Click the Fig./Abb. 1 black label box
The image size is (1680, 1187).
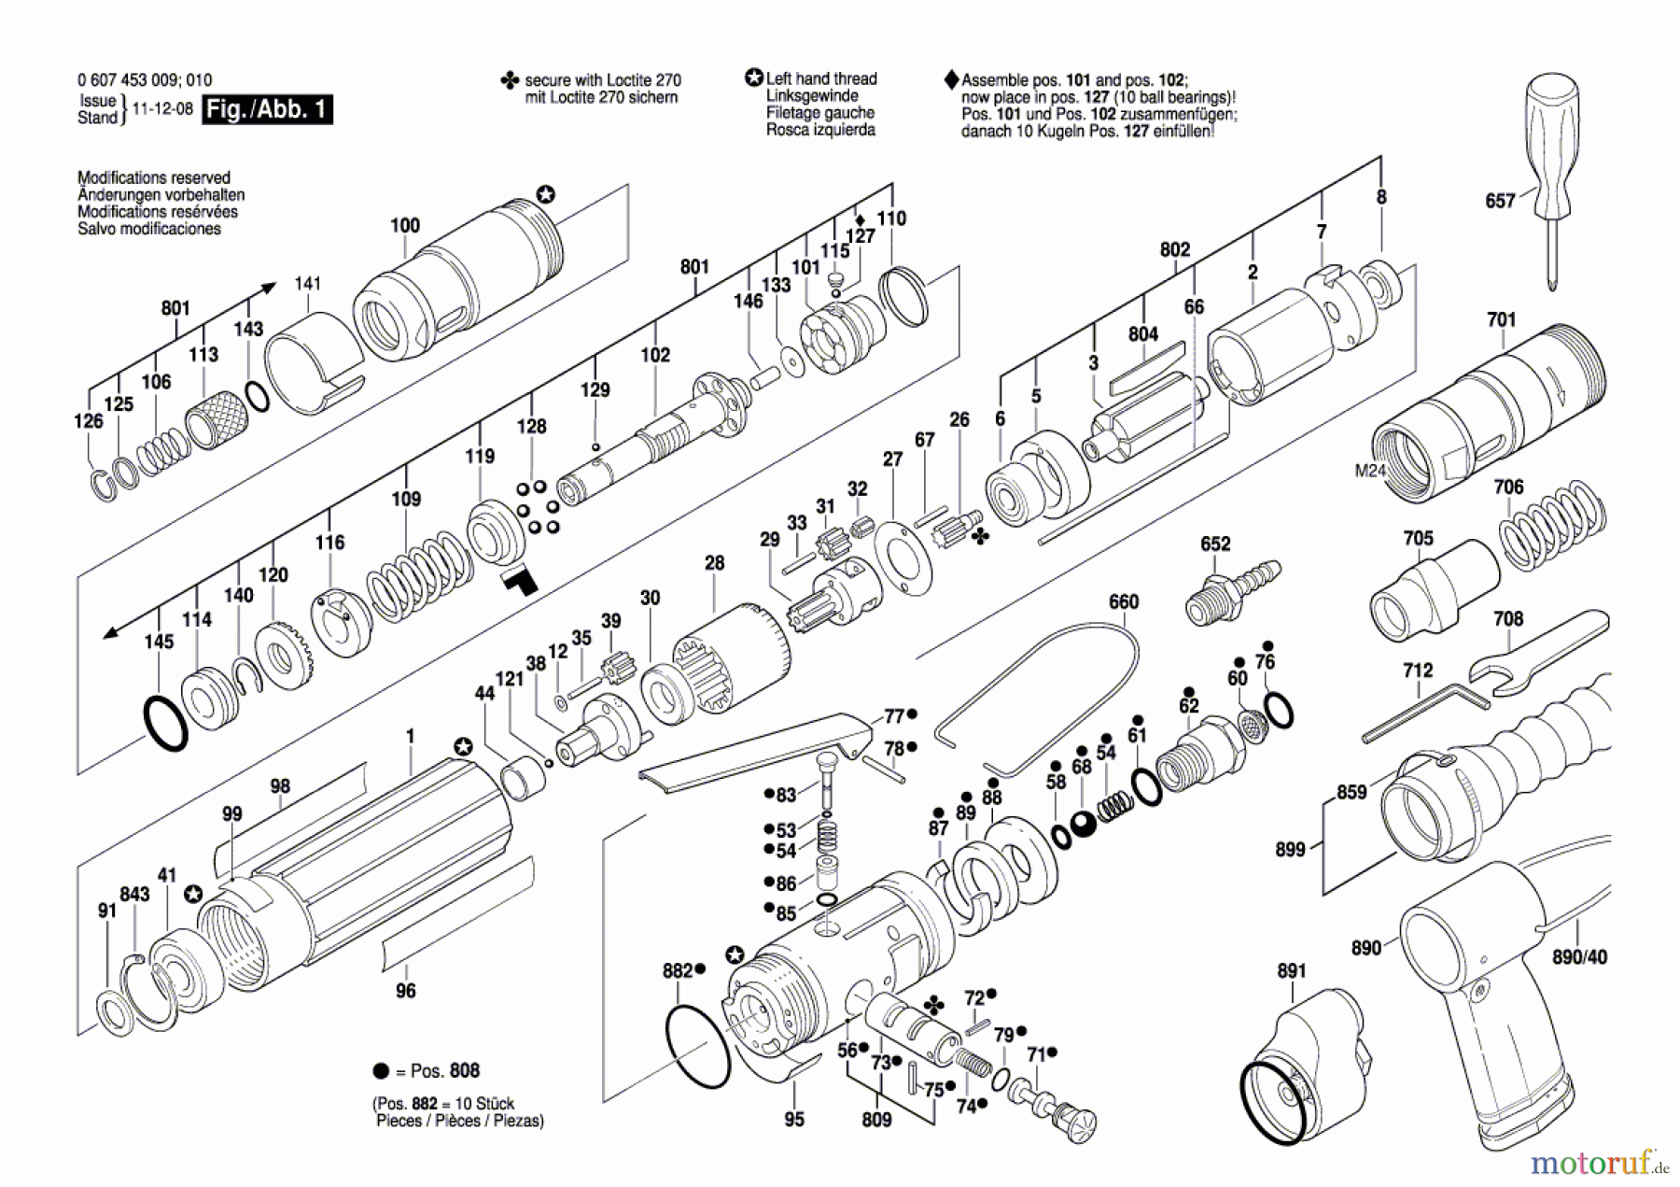[268, 109]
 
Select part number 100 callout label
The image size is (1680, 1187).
[405, 225]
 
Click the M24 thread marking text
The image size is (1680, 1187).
[1369, 471]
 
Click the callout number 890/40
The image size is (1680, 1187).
[1579, 957]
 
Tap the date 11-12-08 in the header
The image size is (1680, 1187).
[162, 108]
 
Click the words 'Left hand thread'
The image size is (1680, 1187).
[821, 79]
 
